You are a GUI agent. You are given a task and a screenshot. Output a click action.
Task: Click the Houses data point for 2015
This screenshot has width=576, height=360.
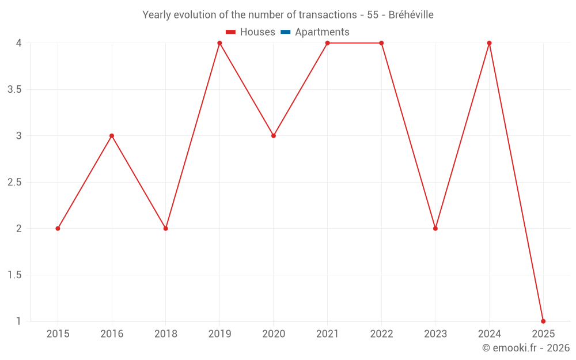[x=58, y=229]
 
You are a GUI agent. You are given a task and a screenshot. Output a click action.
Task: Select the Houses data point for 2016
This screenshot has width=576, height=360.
[x=112, y=136]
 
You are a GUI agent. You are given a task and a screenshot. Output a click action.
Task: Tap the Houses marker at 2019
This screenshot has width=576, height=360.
[x=219, y=43]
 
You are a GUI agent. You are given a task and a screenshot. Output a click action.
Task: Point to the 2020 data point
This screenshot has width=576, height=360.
[x=274, y=136]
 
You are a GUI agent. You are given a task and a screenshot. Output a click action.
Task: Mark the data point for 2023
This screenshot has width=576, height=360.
[x=435, y=229]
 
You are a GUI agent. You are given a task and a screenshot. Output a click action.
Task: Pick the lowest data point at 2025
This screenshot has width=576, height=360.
[x=543, y=321]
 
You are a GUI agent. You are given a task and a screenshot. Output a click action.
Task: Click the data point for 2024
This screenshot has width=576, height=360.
[x=490, y=43]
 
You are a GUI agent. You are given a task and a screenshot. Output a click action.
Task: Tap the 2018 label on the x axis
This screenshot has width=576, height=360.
[x=166, y=334]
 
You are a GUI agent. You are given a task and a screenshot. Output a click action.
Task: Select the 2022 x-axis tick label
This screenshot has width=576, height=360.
[x=381, y=334]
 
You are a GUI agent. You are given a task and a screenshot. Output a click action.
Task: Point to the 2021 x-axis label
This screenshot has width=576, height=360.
[x=328, y=334]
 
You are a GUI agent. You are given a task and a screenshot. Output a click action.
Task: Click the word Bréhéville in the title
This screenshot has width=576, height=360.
[x=411, y=15]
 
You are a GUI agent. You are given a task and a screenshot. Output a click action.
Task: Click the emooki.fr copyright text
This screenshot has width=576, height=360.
[x=526, y=348]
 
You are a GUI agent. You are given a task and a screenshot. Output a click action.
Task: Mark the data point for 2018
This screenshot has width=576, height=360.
[x=166, y=229]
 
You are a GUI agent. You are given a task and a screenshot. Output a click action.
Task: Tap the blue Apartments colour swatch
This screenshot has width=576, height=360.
[x=285, y=32]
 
